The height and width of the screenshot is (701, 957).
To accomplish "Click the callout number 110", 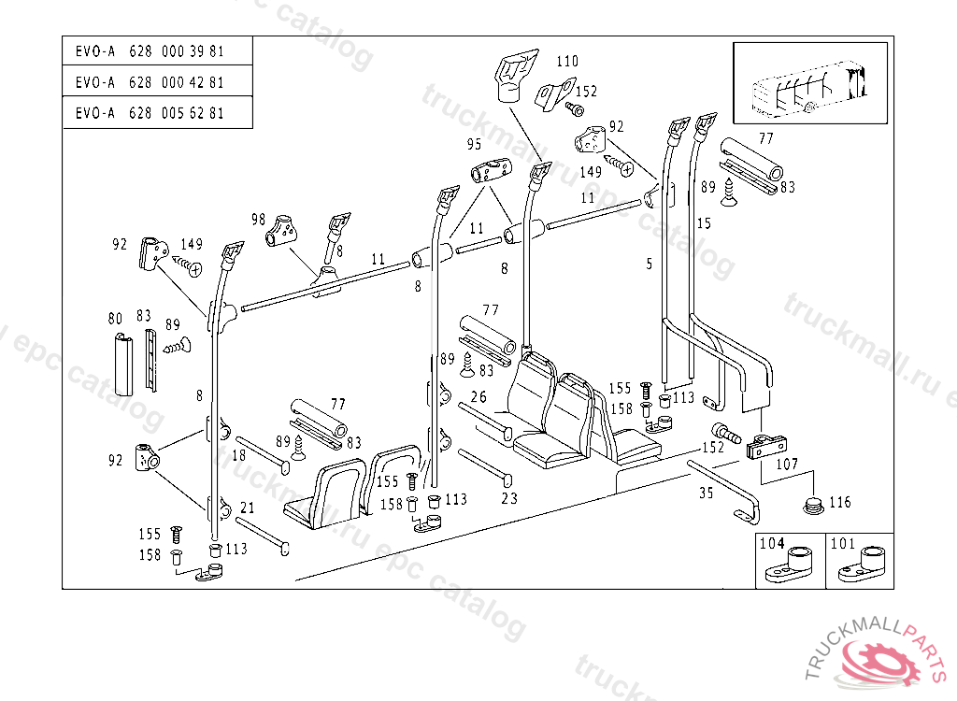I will coord(567,62).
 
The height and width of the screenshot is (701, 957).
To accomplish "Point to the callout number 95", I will coord(475,145).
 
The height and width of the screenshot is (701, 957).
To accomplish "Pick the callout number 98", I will coord(259,219).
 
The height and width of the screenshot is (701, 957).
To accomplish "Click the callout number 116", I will coord(840,503).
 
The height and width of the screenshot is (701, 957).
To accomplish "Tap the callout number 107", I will coord(788,464).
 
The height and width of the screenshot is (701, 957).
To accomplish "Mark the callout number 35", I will coord(707,493).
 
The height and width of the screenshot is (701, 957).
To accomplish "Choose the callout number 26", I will coord(478,396).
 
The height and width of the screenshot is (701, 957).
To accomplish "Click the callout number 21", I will coord(248,508).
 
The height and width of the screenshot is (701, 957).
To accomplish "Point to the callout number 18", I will coord(239,455).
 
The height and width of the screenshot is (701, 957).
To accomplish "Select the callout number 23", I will coord(509,498).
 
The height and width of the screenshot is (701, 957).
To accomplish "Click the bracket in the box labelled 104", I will coord(790,565).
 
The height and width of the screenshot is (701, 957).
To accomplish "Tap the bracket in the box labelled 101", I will coord(862,566).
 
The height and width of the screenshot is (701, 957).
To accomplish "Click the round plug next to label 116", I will coord(812,506).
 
